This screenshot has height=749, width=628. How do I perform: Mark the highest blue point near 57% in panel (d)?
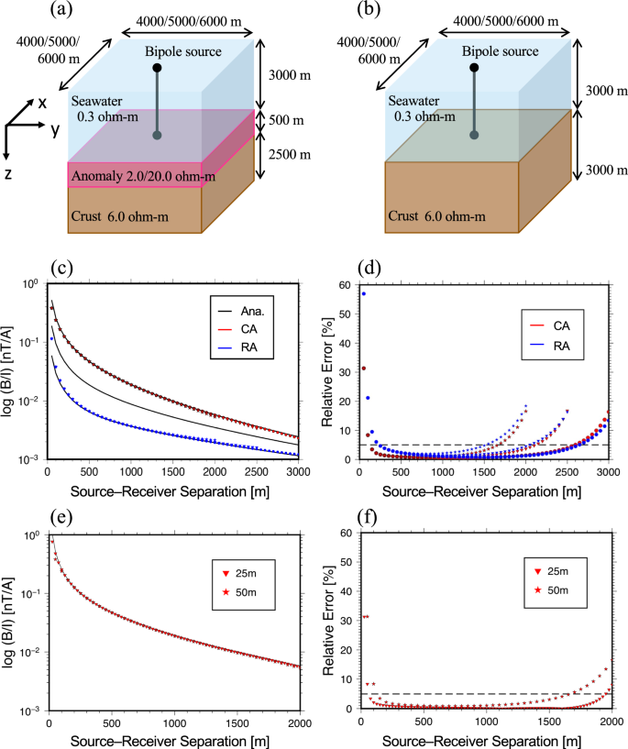click(x=363, y=293)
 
